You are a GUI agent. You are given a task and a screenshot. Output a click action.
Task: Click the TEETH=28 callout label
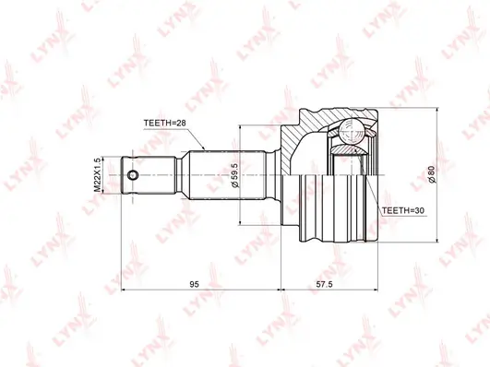point(164,123)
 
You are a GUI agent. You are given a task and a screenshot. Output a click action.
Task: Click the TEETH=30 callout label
point(403,210)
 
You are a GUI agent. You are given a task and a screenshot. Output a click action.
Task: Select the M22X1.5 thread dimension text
point(98,175)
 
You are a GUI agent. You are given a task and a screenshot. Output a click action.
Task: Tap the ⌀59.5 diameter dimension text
point(234,175)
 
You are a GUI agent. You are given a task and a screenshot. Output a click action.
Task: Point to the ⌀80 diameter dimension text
point(431,175)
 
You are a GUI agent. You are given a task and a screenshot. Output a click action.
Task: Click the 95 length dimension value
point(194,284)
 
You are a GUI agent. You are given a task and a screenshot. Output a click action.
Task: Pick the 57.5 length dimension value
point(325,284)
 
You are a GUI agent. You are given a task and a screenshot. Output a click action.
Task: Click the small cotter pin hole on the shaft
point(133,175)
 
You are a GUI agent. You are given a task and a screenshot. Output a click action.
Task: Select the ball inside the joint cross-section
point(351,132)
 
